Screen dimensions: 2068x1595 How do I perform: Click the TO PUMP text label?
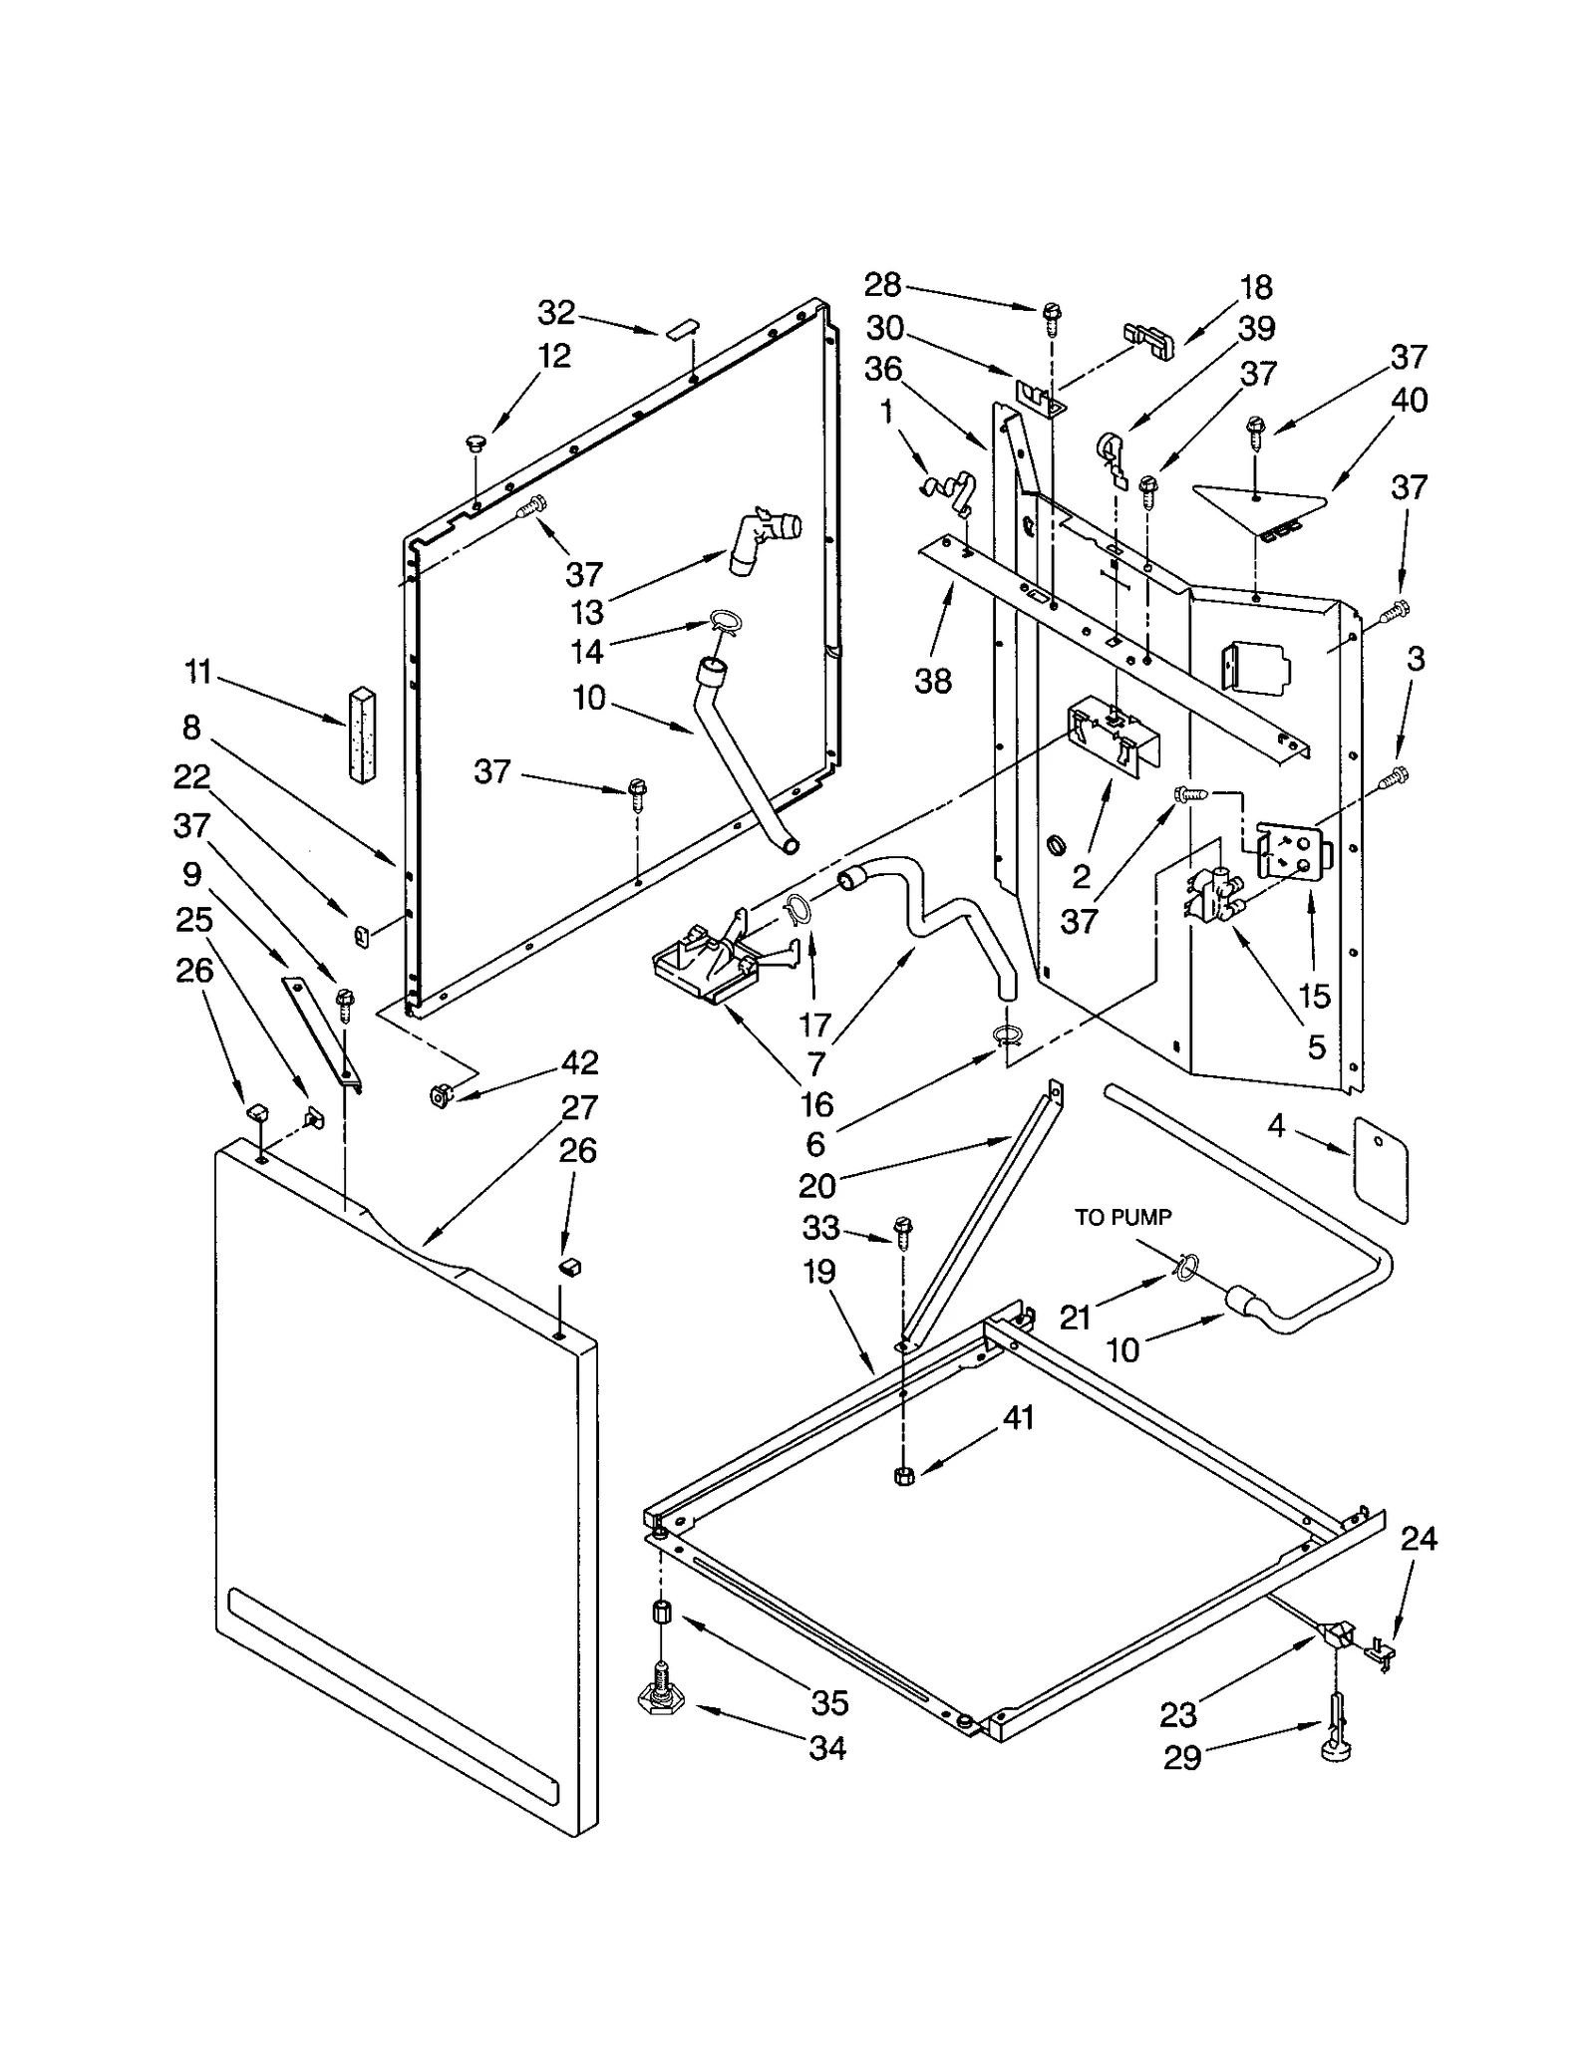pyautogui.click(x=1122, y=1217)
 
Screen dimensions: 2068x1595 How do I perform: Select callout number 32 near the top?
pyautogui.click(x=556, y=313)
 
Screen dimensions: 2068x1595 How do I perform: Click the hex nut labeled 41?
pyautogui.click(x=905, y=1476)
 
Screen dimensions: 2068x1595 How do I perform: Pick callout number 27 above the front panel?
pyautogui.click(x=578, y=1107)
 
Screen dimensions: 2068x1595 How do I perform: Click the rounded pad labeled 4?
pyautogui.click(x=1381, y=1169)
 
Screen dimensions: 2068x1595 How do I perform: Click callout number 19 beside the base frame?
pyautogui.click(x=819, y=1272)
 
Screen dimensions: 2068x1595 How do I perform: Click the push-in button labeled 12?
pyautogui.click(x=476, y=443)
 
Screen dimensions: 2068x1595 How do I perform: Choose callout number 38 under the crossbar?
pyautogui.click(x=933, y=681)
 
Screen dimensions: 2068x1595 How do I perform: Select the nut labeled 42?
pyautogui.click(x=438, y=1094)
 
